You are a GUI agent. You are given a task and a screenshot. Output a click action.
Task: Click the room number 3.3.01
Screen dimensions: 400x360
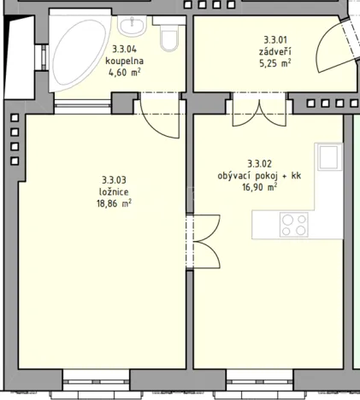pos(275,39)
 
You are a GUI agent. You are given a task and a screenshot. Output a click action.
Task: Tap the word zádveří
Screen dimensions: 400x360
pos(275,50)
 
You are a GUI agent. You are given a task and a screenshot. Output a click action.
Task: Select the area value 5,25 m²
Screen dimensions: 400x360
pos(275,62)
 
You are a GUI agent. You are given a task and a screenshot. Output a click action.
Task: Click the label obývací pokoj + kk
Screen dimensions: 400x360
pos(259,174)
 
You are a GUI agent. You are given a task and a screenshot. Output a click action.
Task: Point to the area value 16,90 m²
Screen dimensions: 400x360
pos(259,186)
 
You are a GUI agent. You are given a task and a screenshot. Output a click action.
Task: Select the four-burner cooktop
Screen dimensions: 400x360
pos(295,225)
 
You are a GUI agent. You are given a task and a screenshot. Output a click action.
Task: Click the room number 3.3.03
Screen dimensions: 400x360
pos(114,179)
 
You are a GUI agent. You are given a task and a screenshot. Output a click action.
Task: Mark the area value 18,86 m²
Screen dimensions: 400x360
pos(114,203)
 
